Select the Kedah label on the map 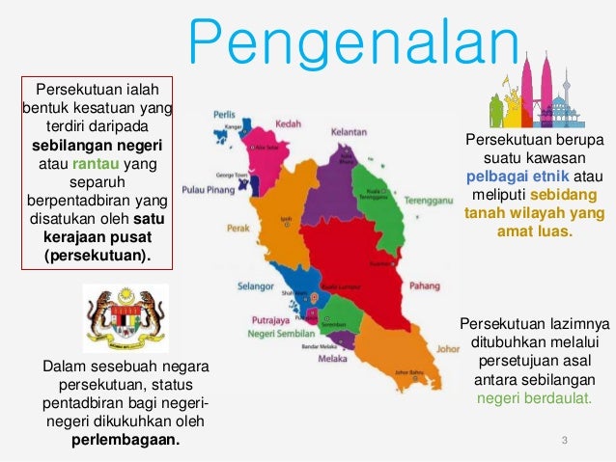tap(288, 124)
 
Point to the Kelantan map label tap(349, 131)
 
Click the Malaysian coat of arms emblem tap(126, 315)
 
